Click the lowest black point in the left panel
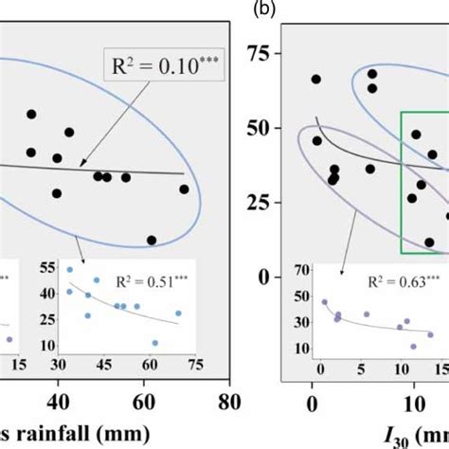(152, 240)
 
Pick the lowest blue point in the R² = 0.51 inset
(154, 343)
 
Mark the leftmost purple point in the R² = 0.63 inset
(324, 302)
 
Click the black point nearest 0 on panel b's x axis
(315, 80)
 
